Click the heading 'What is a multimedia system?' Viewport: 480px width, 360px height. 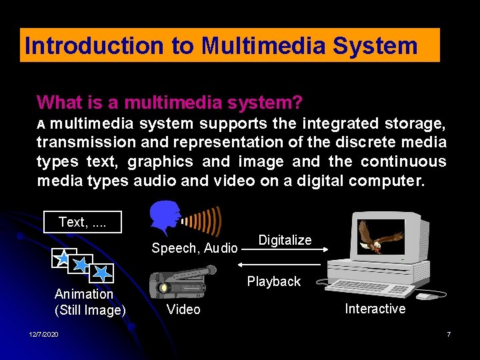tap(169, 103)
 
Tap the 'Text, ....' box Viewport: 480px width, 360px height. tap(83, 221)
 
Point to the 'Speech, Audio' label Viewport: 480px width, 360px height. tap(194, 248)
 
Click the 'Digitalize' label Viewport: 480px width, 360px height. tap(285, 240)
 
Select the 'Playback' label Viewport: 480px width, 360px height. tap(273, 281)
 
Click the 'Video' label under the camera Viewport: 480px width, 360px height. tap(183, 309)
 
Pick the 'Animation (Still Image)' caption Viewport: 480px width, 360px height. tap(89, 302)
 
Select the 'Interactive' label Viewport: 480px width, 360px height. tap(375, 308)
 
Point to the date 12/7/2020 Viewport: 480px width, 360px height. tap(43, 334)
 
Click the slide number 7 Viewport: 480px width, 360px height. tap(449, 334)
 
